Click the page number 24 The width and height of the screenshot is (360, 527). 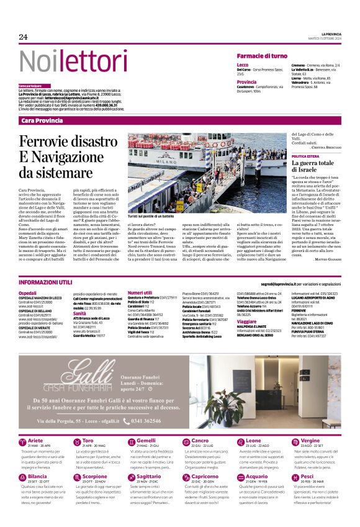(x=23, y=37)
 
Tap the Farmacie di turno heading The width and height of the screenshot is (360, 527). (x=262, y=56)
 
